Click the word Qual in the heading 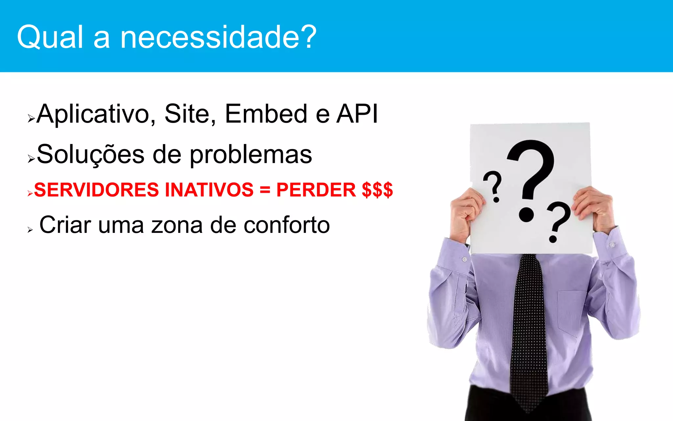point(50,37)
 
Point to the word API point(357,114)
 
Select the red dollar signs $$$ point(377,190)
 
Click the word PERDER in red point(316,190)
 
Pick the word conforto point(287,225)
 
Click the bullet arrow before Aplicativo point(31,118)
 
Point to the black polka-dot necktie point(529,329)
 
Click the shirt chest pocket point(572,312)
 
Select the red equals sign point(265,190)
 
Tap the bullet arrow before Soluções point(31,159)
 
